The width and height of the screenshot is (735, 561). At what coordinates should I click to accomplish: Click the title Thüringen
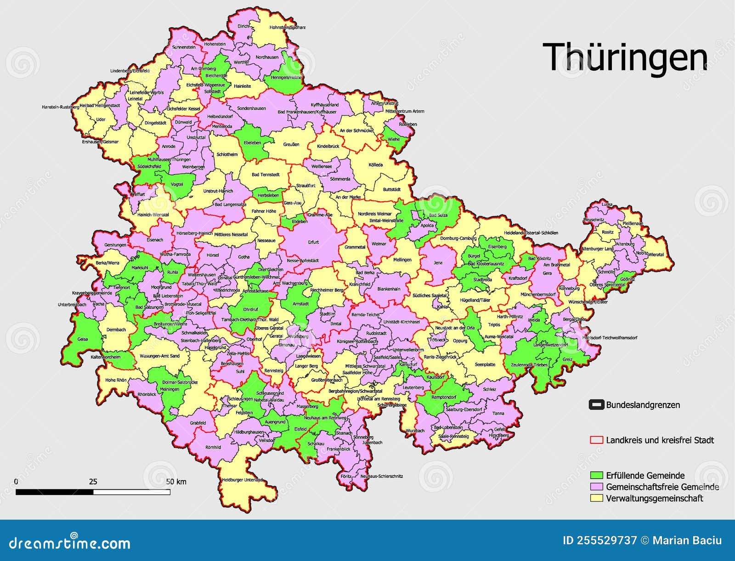[625, 57]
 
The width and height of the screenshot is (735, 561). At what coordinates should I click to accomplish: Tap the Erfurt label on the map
[313, 242]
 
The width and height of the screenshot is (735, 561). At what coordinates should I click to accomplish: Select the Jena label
[438, 263]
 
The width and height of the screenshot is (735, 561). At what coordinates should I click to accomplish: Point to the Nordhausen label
[267, 57]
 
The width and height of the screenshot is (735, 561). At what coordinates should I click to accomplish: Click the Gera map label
[547, 273]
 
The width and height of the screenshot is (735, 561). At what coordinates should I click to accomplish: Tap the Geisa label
[83, 339]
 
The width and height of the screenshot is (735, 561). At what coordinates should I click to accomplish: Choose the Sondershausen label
[251, 108]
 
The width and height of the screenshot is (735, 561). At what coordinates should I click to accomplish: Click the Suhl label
[240, 371]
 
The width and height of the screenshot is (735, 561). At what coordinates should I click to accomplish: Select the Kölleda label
[375, 165]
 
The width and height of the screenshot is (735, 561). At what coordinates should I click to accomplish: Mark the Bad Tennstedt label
[266, 175]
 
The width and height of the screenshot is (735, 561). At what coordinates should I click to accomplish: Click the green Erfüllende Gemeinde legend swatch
[596, 475]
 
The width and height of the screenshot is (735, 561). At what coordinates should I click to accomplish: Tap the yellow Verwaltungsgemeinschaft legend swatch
[596, 498]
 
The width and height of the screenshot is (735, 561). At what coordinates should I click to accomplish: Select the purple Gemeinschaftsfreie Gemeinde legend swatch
[596, 487]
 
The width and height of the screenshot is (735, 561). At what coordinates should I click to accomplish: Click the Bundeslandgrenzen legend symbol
[596, 405]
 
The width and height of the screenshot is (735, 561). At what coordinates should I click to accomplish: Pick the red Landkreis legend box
[596, 440]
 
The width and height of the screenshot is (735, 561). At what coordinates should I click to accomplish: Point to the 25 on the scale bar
[93, 482]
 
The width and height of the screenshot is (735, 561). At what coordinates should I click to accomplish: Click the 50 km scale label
[176, 482]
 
